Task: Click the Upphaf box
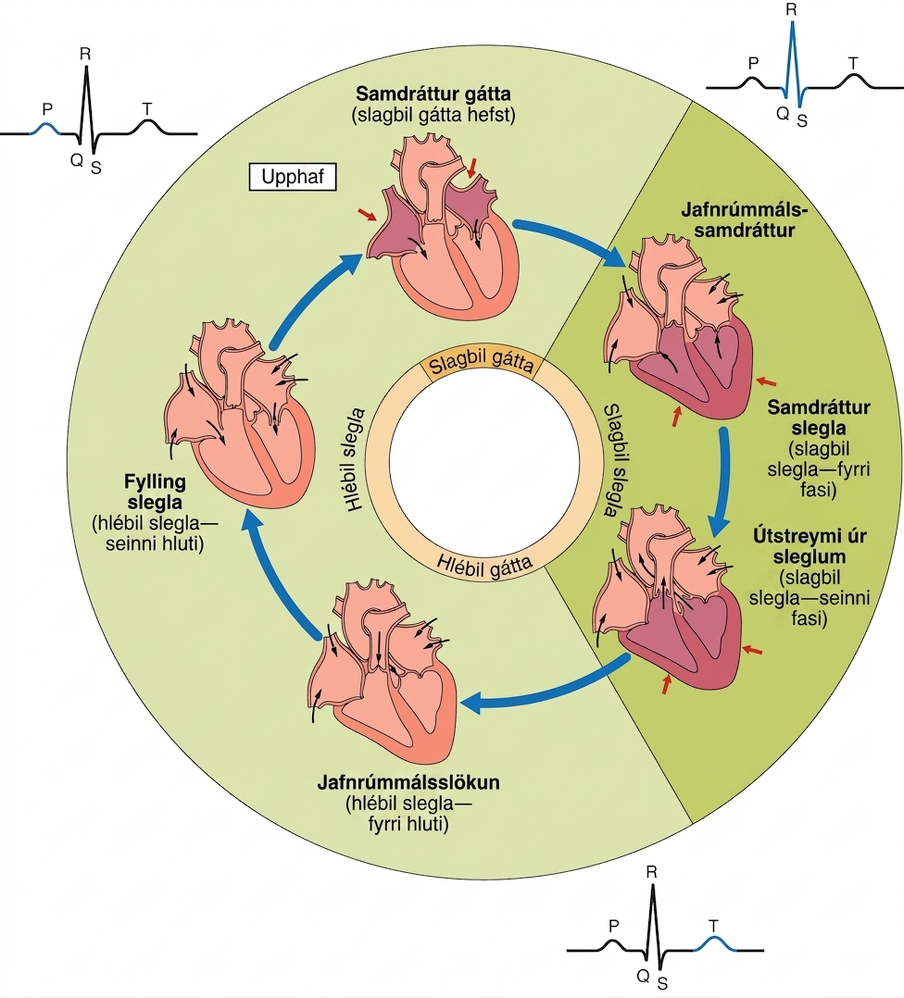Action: [292, 177]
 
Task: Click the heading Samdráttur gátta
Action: [433, 93]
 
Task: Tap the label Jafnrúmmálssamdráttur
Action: [744, 220]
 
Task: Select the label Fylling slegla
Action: [155, 491]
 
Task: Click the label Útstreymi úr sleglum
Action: [810, 546]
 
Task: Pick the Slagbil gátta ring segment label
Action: [481, 363]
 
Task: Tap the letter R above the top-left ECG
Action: [85, 53]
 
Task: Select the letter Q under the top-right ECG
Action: [782, 113]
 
